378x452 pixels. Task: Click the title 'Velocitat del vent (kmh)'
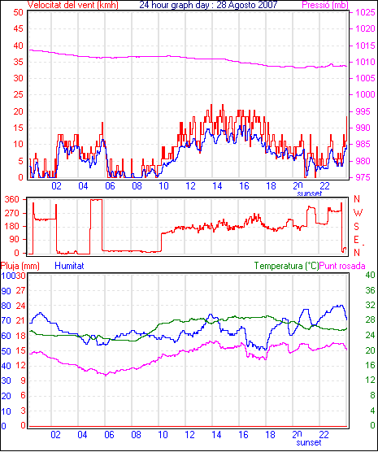click(x=72, y=5)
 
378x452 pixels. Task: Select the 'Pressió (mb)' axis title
click(x=325, y=5)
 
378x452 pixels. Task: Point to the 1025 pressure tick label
click(x=365, y=12)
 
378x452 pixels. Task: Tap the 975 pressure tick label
click(x=363, y=177)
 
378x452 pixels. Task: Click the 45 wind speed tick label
click(x=19, y=28)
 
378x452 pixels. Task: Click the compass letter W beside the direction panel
click(x=358, y=213)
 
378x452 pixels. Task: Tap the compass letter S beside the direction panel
click(x=357, y=227)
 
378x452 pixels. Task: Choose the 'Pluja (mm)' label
click(x=20, y=266)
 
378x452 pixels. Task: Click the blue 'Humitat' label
click(x=69, y=266)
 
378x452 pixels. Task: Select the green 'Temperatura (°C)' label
click(x=287, y=266)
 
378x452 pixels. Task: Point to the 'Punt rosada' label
click(x=342, y=266)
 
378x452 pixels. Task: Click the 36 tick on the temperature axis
click(x=370, y=290)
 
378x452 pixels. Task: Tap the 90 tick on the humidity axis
click(x=6, y=291)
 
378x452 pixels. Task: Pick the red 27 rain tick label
click(x=21, y=290)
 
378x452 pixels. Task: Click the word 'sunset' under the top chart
click(x=310, y=193)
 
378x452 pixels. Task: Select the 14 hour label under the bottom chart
click(x=216, y=434)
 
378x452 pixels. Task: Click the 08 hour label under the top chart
click(x=137, y=186)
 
